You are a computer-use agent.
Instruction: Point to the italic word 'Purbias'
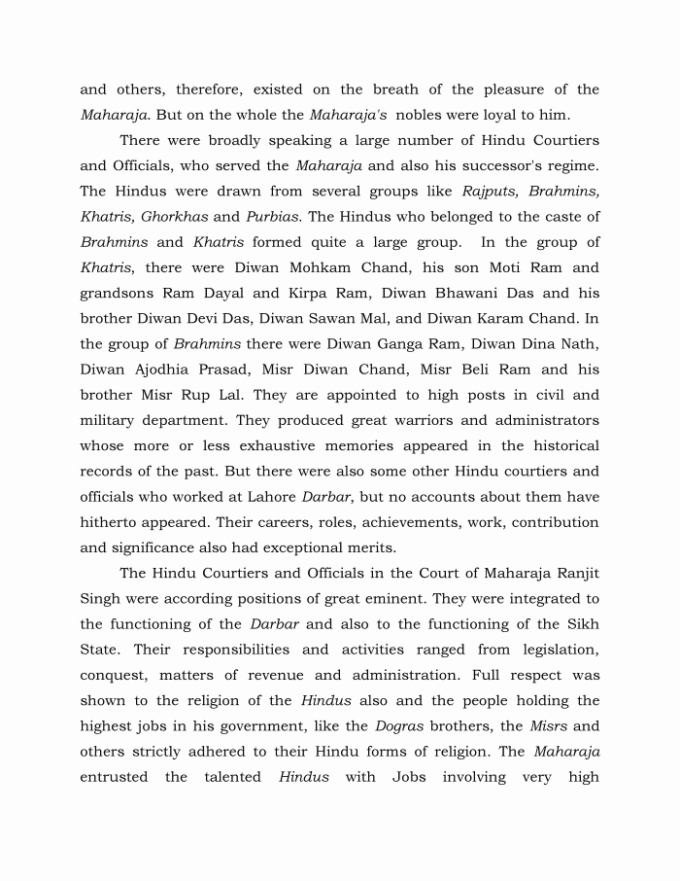[272, 217]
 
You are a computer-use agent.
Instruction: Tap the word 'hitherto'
[110, 522]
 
